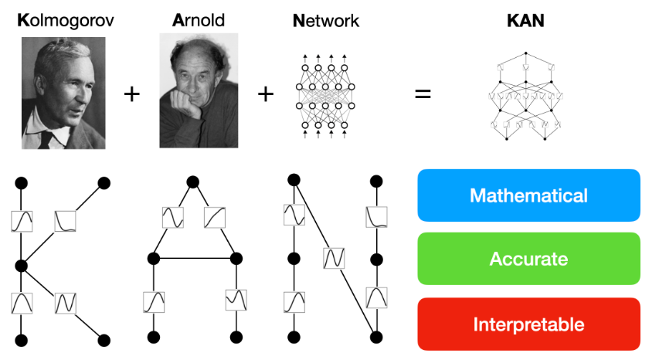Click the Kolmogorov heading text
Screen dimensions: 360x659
click(65, 22)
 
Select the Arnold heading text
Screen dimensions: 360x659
click(199, 22)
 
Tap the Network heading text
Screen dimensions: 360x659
click(326, 22)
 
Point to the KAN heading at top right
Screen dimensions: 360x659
click(525, 22)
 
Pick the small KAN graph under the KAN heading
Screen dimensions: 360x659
click(525, 96)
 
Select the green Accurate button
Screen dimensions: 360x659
click(528, 259)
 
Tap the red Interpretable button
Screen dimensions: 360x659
click(528, 324)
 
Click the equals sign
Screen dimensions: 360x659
click(423, 95)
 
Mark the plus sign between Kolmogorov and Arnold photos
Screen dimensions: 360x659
click(133, 95)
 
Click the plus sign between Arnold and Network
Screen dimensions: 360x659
click(266, 95)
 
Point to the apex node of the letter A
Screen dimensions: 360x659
click(193, 182)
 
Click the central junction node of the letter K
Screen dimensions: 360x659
click(22, 266)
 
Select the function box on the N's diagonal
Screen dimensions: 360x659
click(335, 257)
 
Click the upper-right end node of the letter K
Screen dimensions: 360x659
click(104, 183)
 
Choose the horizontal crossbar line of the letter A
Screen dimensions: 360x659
click(193, 258)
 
